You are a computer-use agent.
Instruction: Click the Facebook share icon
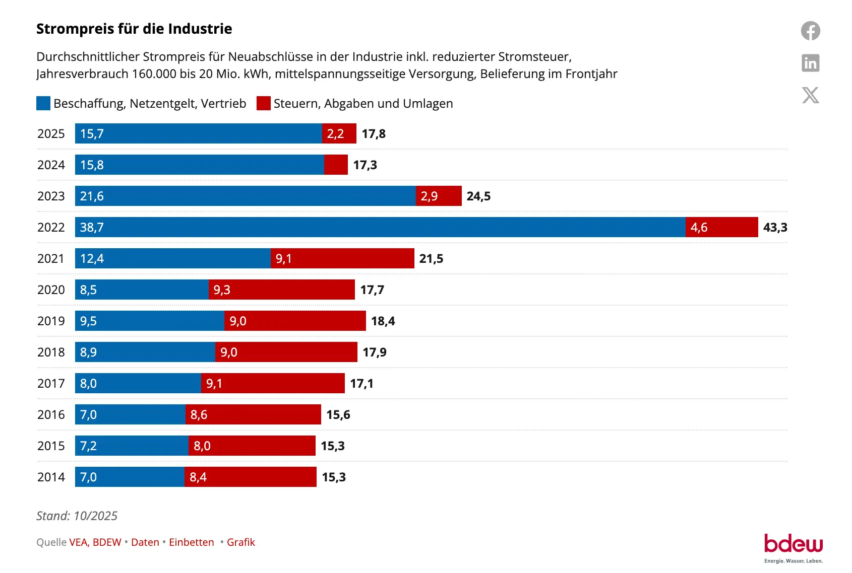click(x=810, y=31)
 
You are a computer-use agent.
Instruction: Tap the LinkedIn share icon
click(x=810, y=63)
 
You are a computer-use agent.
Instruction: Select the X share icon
click(x=810, y=95)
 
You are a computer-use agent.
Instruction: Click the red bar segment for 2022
click(x=721, y=227)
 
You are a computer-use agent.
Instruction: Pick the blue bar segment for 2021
click(x=172, y=258)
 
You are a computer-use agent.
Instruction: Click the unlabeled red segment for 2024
click(x=336, y=165)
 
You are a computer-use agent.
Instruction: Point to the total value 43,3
click(x=775, y=227)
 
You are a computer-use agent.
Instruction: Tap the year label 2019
click(x=51, y=321)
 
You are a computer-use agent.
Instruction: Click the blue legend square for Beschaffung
click(x=43, y=103)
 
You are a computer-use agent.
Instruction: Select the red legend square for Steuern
click(x=263, y=103)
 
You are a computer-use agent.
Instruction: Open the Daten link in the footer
click(x=145, y=542)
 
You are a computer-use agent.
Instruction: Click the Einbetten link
click(x=191, y=542)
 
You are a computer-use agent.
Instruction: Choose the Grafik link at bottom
click(x=240, y=542)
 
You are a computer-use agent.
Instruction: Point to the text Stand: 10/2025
click(x=77, y=516)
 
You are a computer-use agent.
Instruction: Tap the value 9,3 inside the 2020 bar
click(x=222, y=290)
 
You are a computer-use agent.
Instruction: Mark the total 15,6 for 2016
click(x=338, y=414)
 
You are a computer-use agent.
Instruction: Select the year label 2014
click(x=51, y=477)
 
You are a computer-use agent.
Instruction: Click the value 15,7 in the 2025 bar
click(x=92, y=133)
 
